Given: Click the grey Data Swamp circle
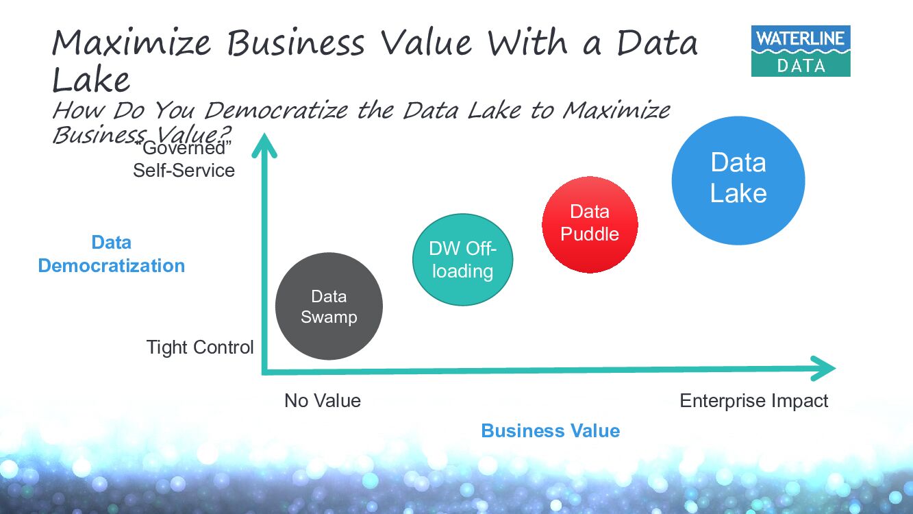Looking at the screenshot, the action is (329, 306).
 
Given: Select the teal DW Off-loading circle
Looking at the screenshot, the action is (462, 260).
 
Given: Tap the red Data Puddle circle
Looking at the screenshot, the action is (590, 224).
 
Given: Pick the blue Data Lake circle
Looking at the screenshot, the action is (738, 180).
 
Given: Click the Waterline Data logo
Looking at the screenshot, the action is (800, 51).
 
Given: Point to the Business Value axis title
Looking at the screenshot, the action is (550, 431).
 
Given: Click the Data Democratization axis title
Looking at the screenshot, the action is (111, 254).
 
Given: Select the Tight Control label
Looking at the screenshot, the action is (200, 347).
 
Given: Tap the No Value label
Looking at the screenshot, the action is (322, 401).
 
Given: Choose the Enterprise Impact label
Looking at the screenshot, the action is (753, 401).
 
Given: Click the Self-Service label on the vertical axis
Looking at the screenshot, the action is (184, 170).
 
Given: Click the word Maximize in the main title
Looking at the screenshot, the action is (132, 43).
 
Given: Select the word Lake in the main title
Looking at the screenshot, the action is (91, 80).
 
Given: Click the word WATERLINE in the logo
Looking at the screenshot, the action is (800, 39).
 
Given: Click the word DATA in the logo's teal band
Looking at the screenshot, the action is (801, 66).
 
